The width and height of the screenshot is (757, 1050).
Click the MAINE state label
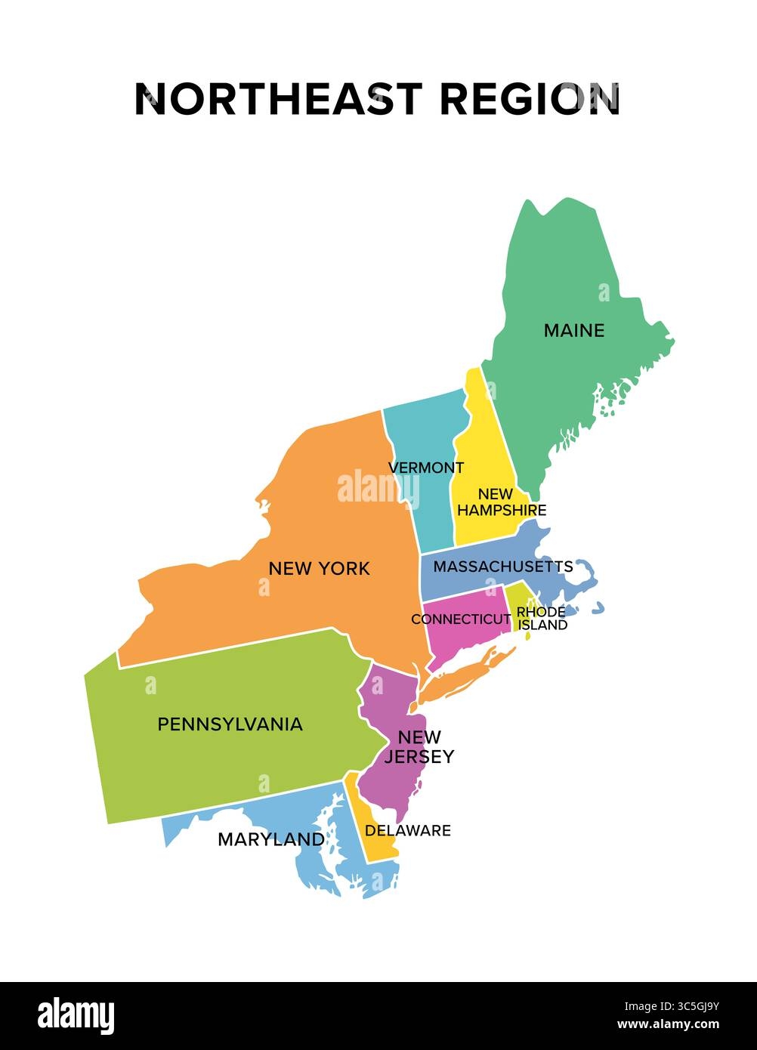(x=574, y=330)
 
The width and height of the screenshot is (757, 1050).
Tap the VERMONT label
(x=426, y=468)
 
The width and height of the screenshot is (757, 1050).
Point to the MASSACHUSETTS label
(x=503, y=566)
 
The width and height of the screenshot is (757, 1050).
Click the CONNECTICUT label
(x=461, y=619)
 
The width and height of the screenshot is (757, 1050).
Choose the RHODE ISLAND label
(x=541, y=618)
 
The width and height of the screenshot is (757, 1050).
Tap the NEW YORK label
(x=319, y=568)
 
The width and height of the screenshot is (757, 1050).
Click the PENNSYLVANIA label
(x=230, y=724)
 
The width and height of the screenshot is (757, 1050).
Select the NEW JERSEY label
(x=419, y=746)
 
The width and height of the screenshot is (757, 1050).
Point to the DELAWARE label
(x=408, y=830)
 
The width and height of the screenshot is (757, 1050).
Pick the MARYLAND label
(x=271, y=838)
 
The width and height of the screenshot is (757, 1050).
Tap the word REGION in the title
(x=529, y=99)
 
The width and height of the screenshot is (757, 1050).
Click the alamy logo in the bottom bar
(x=76, y=1015)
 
